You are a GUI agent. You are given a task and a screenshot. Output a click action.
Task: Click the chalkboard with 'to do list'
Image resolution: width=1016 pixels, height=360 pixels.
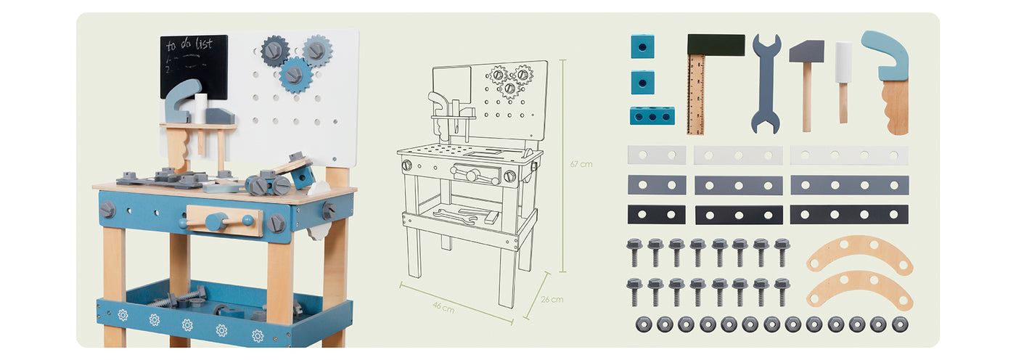(194, 66)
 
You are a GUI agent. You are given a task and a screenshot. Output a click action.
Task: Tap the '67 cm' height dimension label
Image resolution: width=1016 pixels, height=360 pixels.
(581, 164)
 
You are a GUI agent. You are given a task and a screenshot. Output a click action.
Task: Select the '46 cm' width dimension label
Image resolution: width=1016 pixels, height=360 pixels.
(443, 307)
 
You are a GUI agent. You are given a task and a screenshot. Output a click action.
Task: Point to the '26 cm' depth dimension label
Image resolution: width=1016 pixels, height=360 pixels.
(552, 299)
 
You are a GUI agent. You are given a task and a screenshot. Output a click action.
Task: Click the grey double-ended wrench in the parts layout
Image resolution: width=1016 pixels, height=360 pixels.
(766, 84)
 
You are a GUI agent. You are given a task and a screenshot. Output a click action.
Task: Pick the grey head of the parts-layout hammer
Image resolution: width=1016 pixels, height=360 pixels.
(806, 52)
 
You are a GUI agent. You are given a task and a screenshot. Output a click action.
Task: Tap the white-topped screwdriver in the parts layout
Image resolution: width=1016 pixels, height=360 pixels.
(843, 83)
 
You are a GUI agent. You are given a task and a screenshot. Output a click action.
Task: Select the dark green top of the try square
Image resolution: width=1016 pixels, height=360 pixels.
(716, 45)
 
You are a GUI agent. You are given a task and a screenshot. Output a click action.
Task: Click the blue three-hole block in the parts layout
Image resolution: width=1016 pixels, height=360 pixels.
(652, 115)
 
